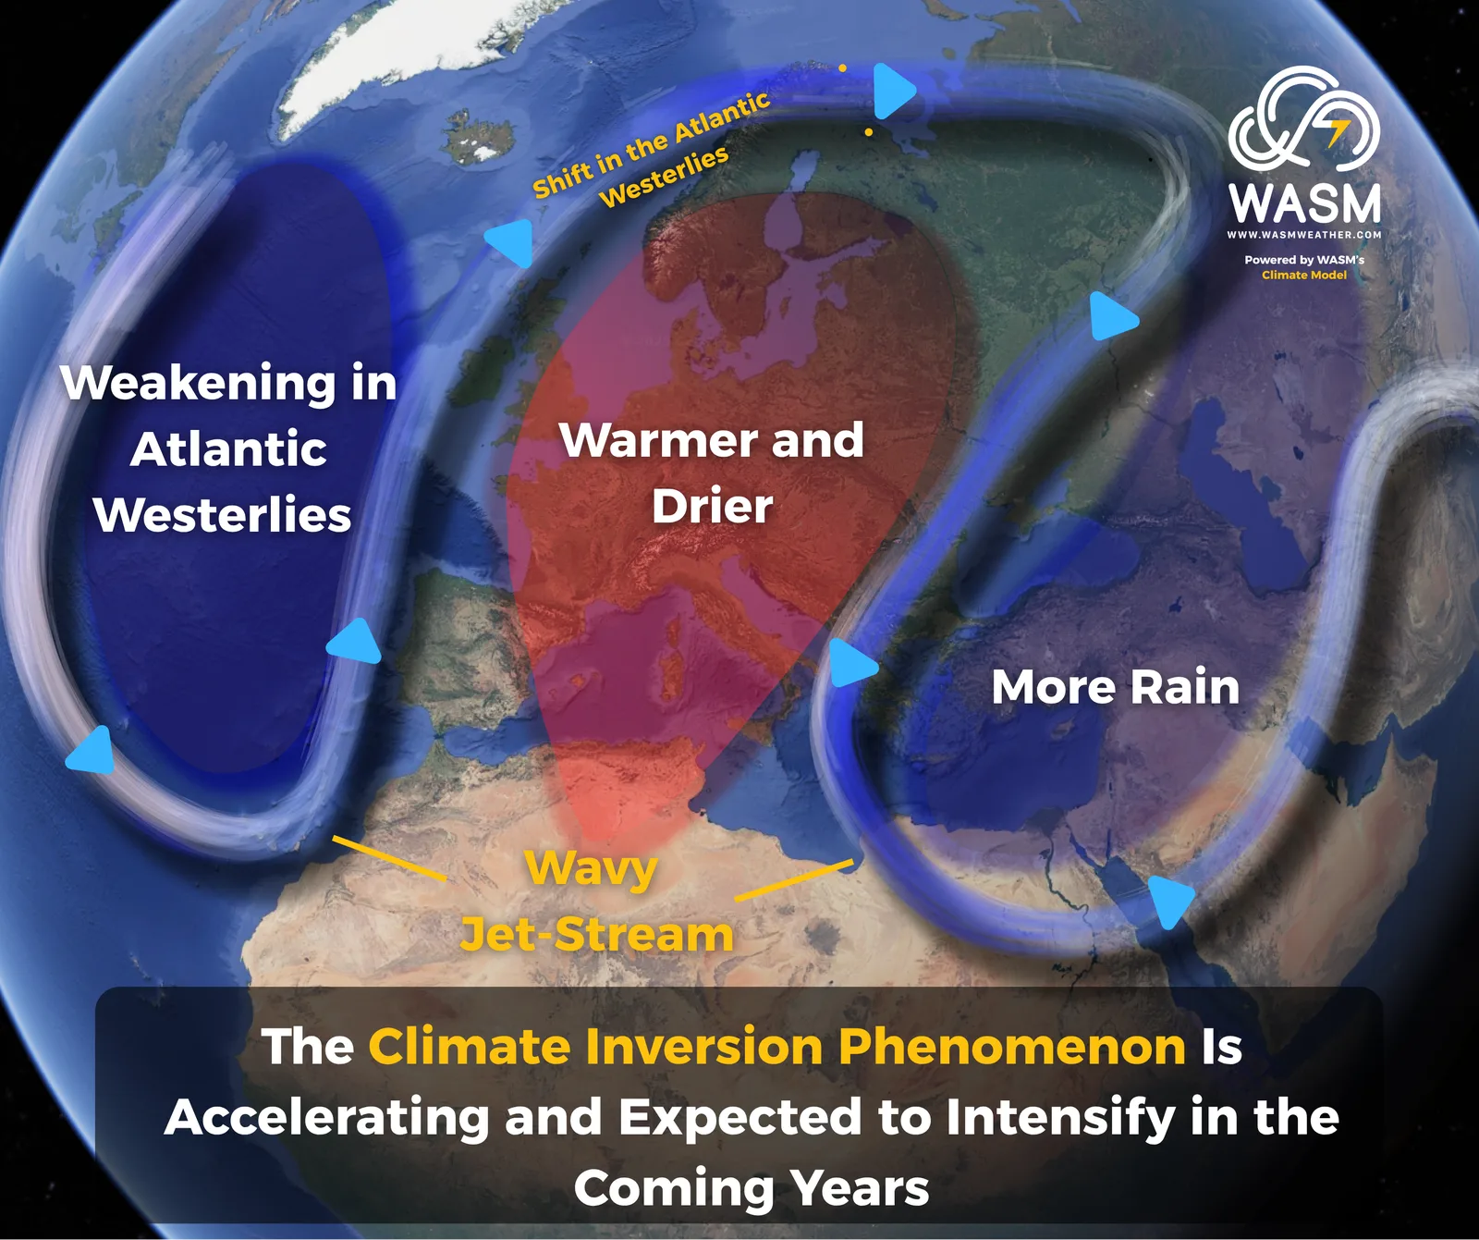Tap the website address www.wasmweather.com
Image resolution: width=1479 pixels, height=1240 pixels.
click(1304, 235)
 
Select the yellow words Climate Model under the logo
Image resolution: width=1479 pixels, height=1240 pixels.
click(1304, 275)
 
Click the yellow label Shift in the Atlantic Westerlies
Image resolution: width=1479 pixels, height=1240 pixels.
click(652, 150)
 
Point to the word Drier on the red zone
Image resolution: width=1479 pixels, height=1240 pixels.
click(712, 507)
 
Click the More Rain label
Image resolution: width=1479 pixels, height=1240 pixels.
click(1116, 687)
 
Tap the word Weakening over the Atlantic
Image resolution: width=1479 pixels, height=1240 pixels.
click(198, 384)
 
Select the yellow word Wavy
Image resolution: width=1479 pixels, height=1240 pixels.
click(592, 870)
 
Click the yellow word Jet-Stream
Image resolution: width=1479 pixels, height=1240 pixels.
click(597, 934)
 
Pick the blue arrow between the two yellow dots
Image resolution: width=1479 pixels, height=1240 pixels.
click(893, 91)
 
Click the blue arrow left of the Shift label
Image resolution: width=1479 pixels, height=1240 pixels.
click(510, 242)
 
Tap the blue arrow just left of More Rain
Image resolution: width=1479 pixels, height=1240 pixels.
click(851, 663)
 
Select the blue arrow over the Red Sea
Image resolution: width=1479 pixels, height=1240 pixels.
click(1170, 901)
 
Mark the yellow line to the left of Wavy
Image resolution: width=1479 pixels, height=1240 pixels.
click(389, 857)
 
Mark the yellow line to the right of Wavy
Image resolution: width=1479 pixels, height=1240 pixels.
click(794, 879)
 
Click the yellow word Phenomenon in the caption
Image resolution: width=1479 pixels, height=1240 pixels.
click(1012, 1047)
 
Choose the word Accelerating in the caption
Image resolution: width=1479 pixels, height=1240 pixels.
click(327, 1118)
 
